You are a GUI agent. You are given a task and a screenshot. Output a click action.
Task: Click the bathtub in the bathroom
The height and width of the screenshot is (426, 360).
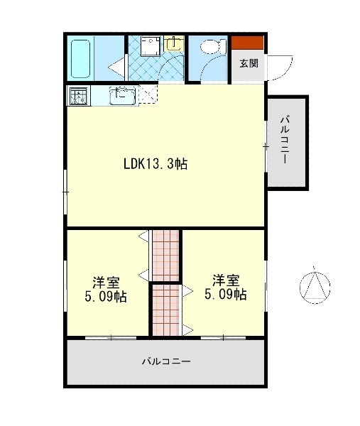pos(80,59)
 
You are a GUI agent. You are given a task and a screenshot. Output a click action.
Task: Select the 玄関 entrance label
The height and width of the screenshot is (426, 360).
pos(249,63)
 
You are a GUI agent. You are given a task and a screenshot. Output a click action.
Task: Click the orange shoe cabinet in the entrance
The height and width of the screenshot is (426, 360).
pos(247,43)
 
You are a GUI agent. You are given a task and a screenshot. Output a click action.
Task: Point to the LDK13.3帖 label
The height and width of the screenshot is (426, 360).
pos(156,164)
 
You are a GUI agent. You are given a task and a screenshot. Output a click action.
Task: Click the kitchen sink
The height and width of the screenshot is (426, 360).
pos(123,95)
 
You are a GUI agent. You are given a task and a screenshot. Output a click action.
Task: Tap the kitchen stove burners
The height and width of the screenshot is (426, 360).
pos(79,96)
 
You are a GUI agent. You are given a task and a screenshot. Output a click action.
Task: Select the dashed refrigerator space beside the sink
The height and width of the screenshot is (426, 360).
pos(148,94)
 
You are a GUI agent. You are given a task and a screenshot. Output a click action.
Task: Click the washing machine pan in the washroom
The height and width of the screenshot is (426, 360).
pos(151,46)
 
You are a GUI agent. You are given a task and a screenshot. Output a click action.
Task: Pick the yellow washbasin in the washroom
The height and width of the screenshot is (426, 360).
pos(174,43)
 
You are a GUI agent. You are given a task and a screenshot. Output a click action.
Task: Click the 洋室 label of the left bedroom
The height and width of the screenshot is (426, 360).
pos(106,283)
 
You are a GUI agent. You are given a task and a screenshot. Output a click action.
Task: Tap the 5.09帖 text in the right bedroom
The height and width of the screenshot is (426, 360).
pos(226,294)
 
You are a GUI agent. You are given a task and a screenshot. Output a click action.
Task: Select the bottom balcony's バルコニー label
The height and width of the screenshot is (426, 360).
pos(166,361)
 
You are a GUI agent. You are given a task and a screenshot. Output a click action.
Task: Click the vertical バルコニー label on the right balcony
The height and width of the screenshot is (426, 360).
pos(285,140)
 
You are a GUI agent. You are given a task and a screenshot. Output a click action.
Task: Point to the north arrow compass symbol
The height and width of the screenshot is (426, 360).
pos(315,287)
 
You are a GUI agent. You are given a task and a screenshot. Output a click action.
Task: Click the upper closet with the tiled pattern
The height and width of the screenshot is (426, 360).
pos(165,256)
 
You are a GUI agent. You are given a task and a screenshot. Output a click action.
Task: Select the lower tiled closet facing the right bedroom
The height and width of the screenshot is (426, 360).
pos(165,310)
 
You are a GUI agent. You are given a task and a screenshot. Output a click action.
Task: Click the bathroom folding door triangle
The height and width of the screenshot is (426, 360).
pos(117,67)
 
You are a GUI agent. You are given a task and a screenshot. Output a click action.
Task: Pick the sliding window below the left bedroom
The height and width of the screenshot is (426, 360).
pos(111,338)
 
